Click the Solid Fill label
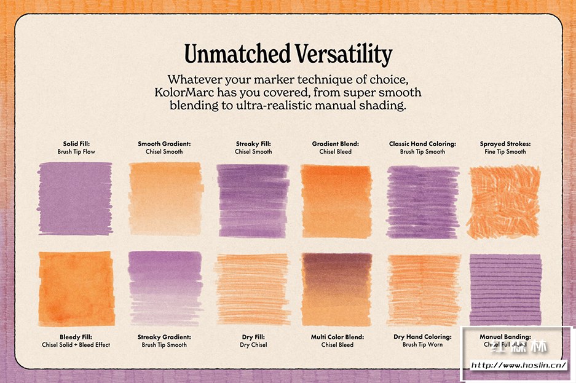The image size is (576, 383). pyautogui.click(x=77, y=144)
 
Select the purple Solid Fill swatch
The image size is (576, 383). pyautogui.click(x=75, y=198)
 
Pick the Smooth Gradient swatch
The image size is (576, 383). pyautogui.click(x=165, y=198)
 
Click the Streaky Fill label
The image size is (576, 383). pyautogui.click(x=253, y=144)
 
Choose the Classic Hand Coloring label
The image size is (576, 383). pyautogui.click(x=422, y=144)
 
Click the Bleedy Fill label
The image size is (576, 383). pyautogui.click(x=77, y=337)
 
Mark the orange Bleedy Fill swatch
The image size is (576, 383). pyautogui.click(x=76, y=289)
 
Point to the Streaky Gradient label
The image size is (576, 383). pyautogui.click(x=164, y=337)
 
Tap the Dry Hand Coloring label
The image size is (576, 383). pyautogui.click(x=422, y=337)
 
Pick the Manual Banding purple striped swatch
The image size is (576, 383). pyautogui.click(x=505, y=289)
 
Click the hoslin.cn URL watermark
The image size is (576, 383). pyautogui.click(x=518, y=365)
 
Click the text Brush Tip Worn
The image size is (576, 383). pyautogui.click(x=423, y=345)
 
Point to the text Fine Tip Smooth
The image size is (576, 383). pyautogui.click(x=505, y=151)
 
